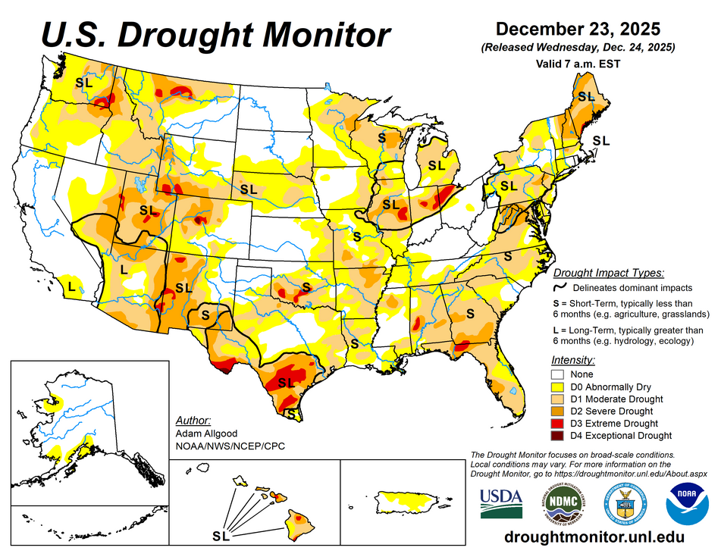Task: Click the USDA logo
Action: (501, 502)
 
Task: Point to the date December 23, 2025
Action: (578, 29)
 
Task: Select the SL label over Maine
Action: (586, 96)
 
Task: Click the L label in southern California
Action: (71, 286)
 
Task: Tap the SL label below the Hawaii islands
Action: (221, 537)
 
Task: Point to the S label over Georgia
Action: (469, 312)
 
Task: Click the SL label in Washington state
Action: (83, 82)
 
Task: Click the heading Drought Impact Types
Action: (609, 272)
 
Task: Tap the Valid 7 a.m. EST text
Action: (577, 64)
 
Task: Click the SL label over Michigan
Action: (436, 164)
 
